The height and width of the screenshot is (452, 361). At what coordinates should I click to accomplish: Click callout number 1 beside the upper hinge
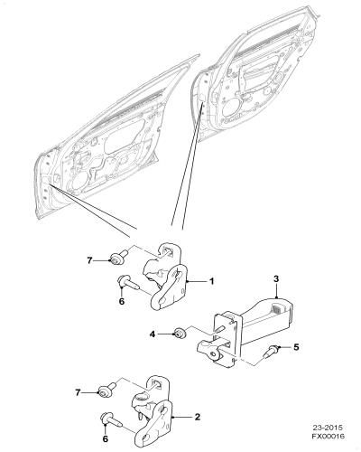pyautogui.click(x=212, y=281)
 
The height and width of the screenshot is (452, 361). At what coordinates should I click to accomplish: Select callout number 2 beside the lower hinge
pyautogui.click(x=198, y=417)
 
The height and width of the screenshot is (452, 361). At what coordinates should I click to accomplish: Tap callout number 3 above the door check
pyautogui.click(x=276, y=279)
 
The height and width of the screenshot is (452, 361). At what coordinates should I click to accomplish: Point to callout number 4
pyautogui.click(x=153, y=334)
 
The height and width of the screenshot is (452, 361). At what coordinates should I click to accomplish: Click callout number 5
pyautogui.click(x=296, y=347)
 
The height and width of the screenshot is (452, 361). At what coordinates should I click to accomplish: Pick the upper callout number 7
pyautogui.click(x=89, y=260)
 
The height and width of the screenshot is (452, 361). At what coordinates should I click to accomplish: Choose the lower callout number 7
pyautogui.click(x=79, y=393)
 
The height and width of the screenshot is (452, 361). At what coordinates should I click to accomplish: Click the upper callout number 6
pyautogui.click(x=122, y=301)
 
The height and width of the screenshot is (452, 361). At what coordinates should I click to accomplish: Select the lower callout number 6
pyautogui.click(x=105, y=439)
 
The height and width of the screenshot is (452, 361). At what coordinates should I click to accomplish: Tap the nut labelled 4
pyautogui.click(x=180, y=333)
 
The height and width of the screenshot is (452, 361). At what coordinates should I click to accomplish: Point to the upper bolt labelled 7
pyautogui.click(x=119, y=257)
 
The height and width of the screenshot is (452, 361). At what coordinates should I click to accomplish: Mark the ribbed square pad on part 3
pyautogui.click(x=277, y=308)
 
